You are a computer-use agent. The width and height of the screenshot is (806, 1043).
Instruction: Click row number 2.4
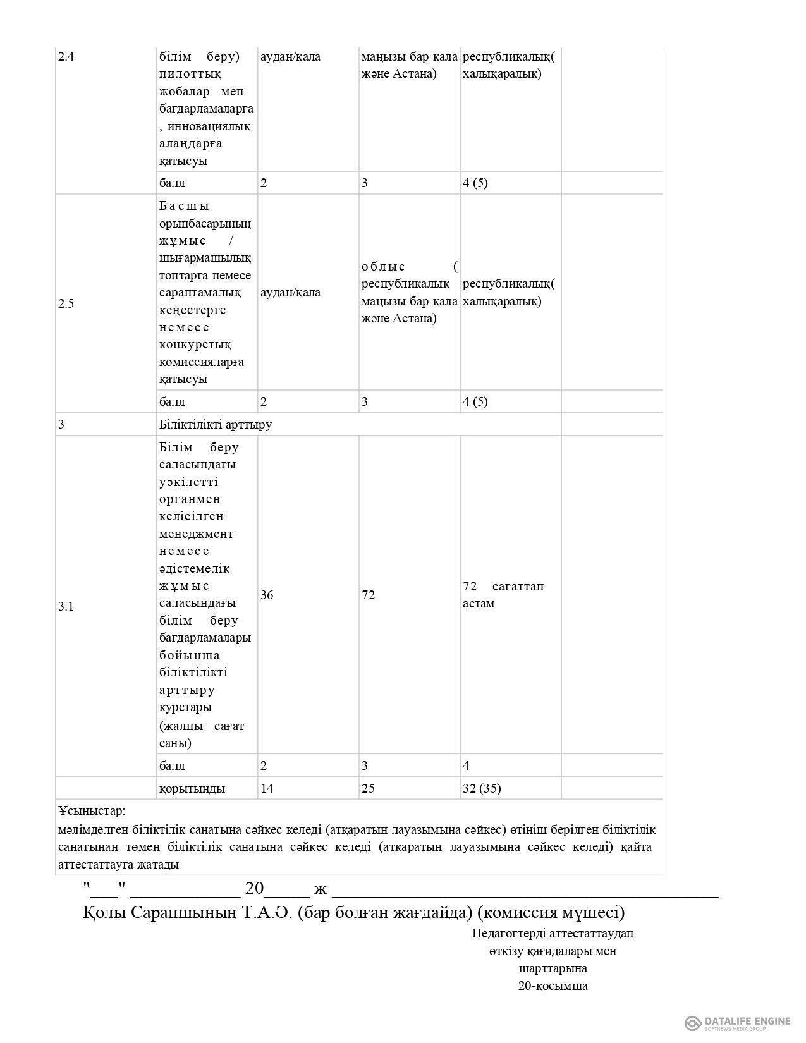tap(66, 57)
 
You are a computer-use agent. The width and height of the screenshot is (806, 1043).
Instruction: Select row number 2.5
tap(66, 303)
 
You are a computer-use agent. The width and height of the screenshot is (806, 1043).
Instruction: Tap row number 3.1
tap(66, 607)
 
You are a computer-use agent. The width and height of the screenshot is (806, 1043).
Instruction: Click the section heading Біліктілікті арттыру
tap(216, 424)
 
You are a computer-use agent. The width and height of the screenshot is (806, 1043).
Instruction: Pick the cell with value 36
tap(267, 595)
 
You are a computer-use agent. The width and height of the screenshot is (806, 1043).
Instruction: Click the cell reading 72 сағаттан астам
tap(503, 595)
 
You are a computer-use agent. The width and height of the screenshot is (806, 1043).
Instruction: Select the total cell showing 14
tap(267, 789)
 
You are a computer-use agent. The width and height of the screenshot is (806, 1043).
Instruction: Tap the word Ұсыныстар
tap(92, 810)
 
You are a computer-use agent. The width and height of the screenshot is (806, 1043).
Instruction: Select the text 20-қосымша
tap(553, 985)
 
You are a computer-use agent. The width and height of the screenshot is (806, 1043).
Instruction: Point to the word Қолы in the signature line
tap(104, 913)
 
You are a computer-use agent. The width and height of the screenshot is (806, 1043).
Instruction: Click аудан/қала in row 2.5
tap(290, 293)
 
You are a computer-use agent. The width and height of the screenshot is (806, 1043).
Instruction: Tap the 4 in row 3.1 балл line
tap(466, 766)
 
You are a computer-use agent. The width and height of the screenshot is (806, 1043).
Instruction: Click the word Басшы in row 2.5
tap(185, 206)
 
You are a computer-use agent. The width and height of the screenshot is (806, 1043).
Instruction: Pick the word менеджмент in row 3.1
tap(196, 534)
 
